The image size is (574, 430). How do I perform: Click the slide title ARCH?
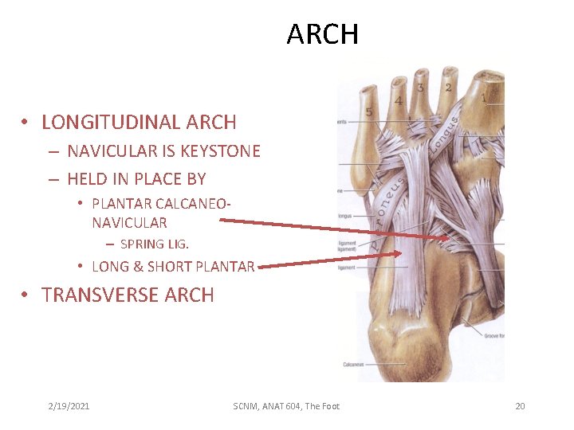point(323,34)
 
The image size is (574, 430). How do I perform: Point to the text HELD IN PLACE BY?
point(136,179)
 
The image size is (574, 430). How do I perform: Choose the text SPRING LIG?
point(154,244)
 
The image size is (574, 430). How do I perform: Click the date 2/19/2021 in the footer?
point(69,406)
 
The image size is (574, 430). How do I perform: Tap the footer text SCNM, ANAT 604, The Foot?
point(286,406)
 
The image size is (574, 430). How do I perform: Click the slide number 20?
point(520,406)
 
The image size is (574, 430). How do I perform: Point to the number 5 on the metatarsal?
point(369,112)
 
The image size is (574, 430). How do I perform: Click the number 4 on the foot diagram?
point(398,100)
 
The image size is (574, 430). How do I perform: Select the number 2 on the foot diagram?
point(448,87)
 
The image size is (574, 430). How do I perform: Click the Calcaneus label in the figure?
point(354,365)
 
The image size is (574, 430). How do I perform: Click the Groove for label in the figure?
point(493,336)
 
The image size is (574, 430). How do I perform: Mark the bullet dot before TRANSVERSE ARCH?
point(26,295)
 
